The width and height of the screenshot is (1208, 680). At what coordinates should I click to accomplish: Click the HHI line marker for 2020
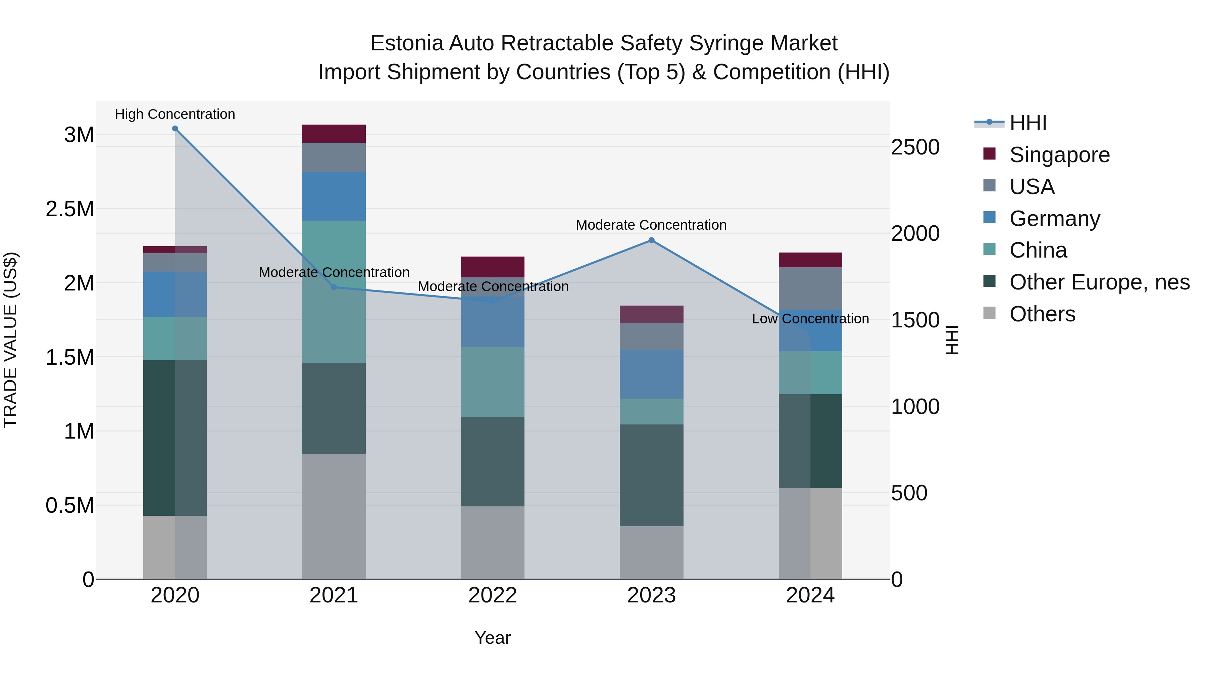point(175,129)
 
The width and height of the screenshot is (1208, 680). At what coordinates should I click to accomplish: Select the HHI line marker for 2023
point(651,240)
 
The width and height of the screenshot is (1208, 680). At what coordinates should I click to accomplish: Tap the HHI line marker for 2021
point(334,287)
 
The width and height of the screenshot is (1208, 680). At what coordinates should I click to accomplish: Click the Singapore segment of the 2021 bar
point(334,134)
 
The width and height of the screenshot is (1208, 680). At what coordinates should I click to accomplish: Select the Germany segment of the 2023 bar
point(651,374)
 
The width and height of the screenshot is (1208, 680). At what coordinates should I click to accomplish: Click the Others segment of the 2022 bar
point(492,543)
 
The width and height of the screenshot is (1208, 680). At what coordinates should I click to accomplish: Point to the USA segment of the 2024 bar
point(810,288)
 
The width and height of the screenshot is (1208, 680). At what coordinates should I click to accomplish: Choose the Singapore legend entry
point(1059,155)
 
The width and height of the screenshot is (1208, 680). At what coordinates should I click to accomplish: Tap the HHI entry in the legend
point(1028,123)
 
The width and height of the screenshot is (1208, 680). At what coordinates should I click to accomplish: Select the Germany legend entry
point(1054,219)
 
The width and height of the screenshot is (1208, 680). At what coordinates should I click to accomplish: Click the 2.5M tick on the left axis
point(69,209)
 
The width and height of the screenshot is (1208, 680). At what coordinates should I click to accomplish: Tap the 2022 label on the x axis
point(492,595)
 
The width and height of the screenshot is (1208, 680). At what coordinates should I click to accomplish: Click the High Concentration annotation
point(175,115)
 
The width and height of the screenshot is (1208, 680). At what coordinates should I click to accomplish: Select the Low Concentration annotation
point(810,319)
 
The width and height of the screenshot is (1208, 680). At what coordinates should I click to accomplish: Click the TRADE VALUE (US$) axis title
point(10,340)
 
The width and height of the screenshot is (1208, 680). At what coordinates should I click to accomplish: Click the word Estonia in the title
point(406,43)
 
